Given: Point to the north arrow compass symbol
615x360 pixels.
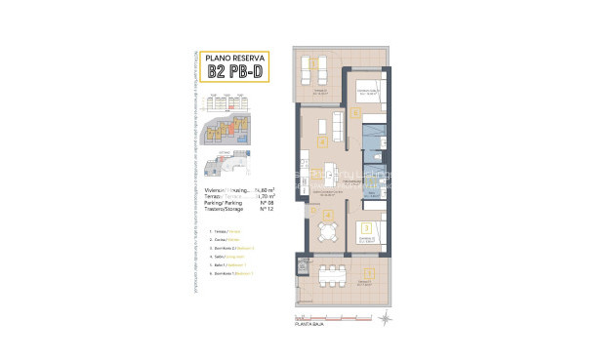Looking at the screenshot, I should [387, 318].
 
